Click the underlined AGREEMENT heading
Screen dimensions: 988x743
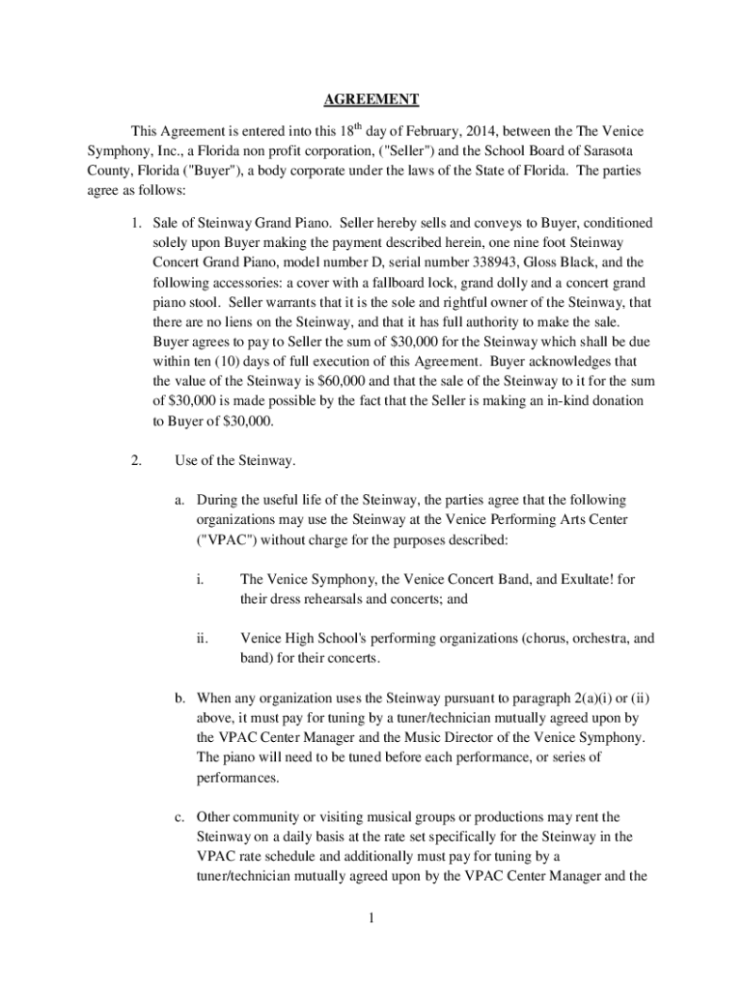tap(371, 99)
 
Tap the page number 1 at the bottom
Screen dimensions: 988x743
tap(371, 917)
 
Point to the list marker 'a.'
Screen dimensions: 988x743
tap(180, 500)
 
